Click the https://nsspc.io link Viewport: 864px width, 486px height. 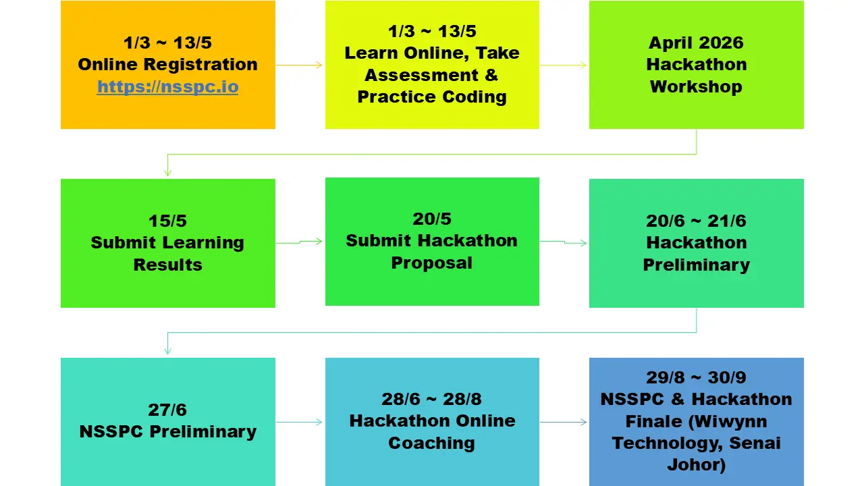(x=168, y=87)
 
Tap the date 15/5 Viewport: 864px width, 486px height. (x=168, y=221)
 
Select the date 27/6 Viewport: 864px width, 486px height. (x=168, y=410)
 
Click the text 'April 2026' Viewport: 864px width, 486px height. (x=696, y=43)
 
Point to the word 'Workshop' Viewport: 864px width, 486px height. (x=696, y=86)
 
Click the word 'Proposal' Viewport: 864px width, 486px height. (x=431, y=263)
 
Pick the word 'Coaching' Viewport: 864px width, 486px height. (x=431, y=443)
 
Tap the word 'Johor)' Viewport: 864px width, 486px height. (x=696, y=464)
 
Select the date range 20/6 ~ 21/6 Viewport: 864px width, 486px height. (x=696, y=221)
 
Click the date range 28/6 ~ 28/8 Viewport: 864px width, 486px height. (x=431, y=399)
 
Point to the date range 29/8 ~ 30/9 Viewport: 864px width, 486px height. (x=696, y=377)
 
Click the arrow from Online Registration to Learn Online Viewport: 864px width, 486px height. (x=299, y=65)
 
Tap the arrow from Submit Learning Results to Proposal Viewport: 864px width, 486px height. (x=299, y=242)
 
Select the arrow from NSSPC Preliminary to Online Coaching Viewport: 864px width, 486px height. (x=299, y=422)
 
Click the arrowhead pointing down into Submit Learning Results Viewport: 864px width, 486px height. (x=168, y=173)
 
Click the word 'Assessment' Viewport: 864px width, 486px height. (x=422, y=75)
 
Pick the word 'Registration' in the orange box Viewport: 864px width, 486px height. (x=200, y=64)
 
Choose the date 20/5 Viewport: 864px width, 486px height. (x=431, y=219)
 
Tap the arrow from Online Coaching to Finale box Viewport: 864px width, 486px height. (x=564, y=422)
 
